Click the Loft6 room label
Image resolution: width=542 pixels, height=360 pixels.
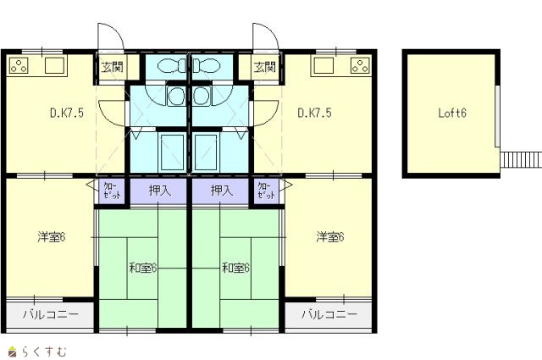coord(452,113)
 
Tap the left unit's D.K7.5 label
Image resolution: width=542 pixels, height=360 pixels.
coord(67,113)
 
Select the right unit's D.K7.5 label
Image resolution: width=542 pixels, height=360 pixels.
coord(314,113)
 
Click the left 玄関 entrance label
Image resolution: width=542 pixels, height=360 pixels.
coord(112,67)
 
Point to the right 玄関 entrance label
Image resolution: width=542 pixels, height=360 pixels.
coord(265,67)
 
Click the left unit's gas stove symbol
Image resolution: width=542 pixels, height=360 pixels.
coord(19,66)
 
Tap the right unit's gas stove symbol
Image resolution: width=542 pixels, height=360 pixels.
coord(360,66)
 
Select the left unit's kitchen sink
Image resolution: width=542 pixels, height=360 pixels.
coord(55,65)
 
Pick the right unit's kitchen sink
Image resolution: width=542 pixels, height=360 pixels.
coord(324,65)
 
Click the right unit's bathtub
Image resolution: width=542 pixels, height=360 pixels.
coord(206,152)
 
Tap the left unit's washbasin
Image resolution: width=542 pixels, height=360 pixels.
coord(176,96)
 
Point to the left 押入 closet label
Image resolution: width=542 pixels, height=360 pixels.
coord(160,191)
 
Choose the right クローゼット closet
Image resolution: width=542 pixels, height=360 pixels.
coord(267,191)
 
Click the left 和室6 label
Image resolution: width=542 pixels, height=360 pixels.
coord(143,268)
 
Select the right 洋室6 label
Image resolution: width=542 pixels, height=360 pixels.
coord(330,237)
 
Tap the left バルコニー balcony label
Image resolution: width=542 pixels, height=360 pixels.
coord(51,314)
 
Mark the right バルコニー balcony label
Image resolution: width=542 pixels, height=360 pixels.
coord(329,314)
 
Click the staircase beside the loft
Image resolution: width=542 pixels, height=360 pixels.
coord(521,160)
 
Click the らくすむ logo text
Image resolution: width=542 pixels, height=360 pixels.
coord(44,352)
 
